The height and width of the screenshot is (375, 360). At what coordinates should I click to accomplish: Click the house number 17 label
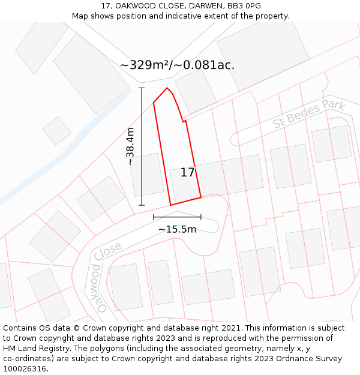click(x=187, y=173)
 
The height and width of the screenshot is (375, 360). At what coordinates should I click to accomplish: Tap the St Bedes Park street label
click(x=309, y=113)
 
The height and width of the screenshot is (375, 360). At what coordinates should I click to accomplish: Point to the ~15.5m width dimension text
click(x=177, y=229)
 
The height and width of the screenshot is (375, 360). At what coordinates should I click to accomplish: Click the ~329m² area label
click(x=146, y=65)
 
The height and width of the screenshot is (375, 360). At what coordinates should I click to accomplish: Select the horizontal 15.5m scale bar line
click(x=177, y=217)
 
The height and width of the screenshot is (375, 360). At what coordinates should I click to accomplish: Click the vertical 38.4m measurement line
click(x=142, y=146)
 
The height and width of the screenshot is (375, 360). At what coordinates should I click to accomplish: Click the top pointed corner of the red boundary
click(x=167, y=88)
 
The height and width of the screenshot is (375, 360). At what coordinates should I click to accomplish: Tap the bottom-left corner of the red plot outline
click(x=170, y=205)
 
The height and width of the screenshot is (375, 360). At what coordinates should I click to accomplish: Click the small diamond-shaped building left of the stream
click(x=56, y=131)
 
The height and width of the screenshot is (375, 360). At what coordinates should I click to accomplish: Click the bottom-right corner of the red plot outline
click(x=201, y=197)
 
